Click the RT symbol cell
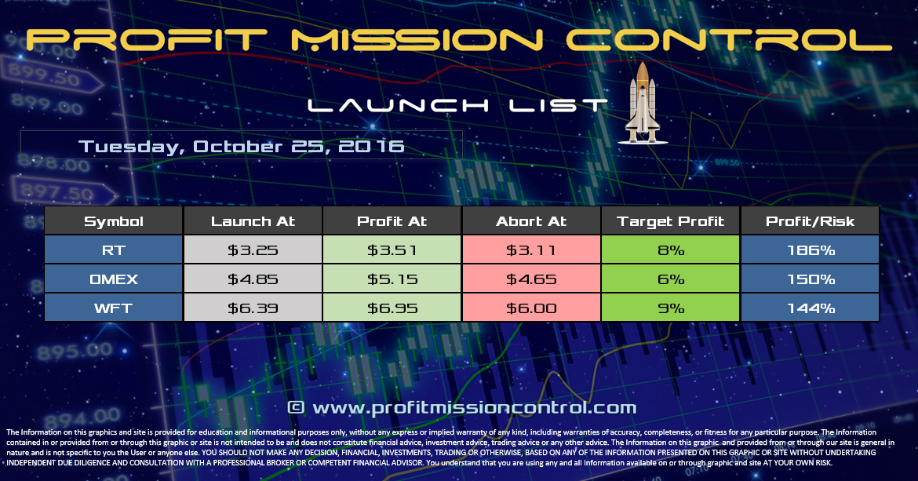click(114, 250)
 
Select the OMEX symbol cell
click(114, 279)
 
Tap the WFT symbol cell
click(114, 308)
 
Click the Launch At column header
click(253, 221)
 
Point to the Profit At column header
click(392, 221)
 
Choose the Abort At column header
click(531, 221)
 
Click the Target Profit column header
click(671, 221)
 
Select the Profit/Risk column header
click(811, 221)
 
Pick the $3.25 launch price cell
click(253, 250)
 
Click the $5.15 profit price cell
click(392, 279)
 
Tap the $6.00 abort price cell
click(531, 308)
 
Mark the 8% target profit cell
click(671, 250)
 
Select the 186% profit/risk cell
click(811, 250)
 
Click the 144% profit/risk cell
click(811, 308)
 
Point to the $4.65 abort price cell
click(531, 279)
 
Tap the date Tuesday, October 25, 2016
click(242, 146)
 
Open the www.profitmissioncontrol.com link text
click(474, 407)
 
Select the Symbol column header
click(114, 221)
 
